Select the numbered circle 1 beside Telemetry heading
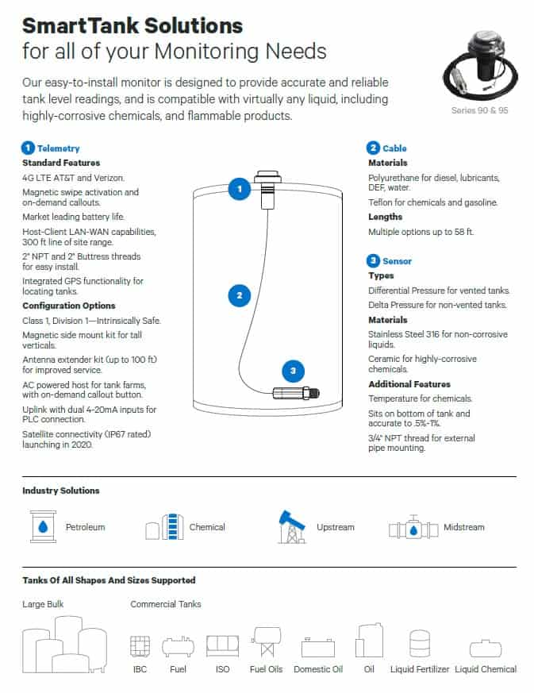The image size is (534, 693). (28, 148)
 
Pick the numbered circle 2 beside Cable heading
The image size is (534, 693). (373, 148)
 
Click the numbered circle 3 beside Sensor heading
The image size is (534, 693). (373, 260)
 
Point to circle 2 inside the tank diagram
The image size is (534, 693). (239, 296)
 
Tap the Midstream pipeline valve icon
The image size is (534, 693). (413, 528)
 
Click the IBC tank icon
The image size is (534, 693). (140, 645)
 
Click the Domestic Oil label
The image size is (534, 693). (317, 669)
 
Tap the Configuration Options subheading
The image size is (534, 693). (69, 306)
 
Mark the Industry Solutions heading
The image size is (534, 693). (61, 491)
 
